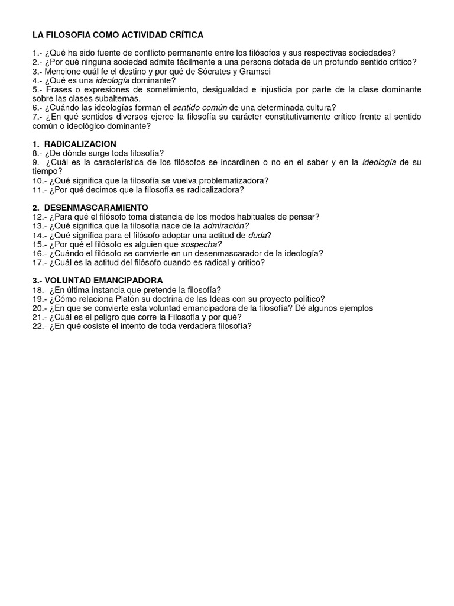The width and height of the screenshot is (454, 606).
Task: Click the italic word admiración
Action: point(226,225)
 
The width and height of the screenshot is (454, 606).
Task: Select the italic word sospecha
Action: point(202,244)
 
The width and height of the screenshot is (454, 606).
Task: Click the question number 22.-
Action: point(39,326)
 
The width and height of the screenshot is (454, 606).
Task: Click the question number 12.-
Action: point(39,217)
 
